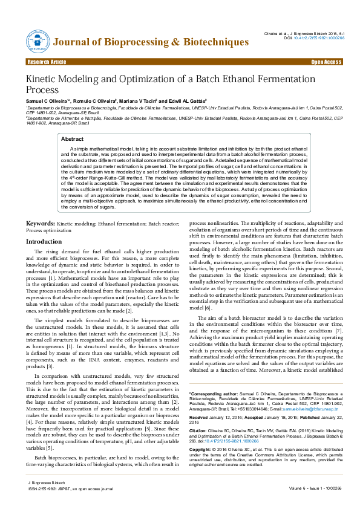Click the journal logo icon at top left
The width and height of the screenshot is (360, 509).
(x=38, y=41)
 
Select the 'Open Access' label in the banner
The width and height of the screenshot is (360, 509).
(x=326, y=62)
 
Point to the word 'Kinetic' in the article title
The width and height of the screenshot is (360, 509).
(x=42, y=79)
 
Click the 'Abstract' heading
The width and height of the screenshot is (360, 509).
(x=73, y=139)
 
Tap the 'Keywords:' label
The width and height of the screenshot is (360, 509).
(x=41, y=224)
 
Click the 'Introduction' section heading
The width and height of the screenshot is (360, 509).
(x=43, y=241)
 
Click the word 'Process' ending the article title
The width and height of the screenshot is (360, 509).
(x=41, y=90)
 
